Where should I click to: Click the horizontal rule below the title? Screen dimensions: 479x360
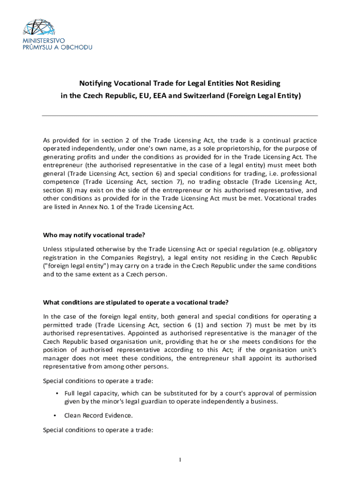point(180,116)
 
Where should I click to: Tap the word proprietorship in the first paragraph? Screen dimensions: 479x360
point(231,149)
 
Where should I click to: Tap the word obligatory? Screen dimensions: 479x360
point(300,248)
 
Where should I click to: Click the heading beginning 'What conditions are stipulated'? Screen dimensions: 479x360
point(136,301)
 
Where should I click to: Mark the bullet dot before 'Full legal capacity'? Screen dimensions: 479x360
point(57,393)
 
